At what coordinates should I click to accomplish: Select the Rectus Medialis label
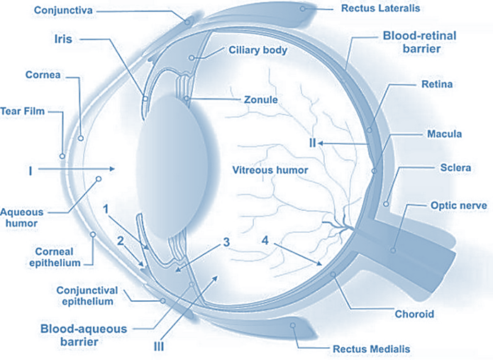point(370,349)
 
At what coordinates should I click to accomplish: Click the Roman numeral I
point(31,170)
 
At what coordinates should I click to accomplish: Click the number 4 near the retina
point(265,241)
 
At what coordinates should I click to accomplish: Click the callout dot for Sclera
point(386,204)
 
